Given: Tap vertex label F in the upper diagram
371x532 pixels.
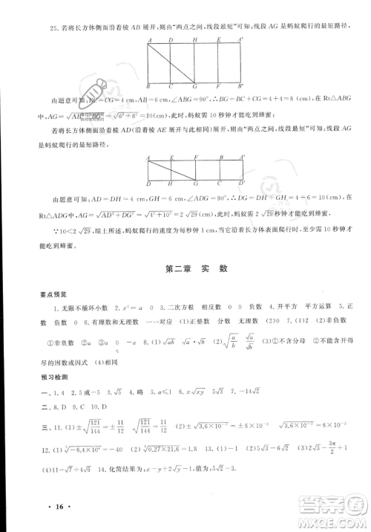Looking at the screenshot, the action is pos(218,88).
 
